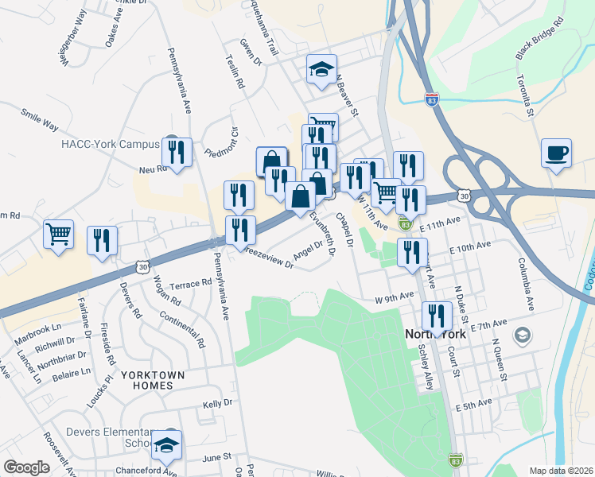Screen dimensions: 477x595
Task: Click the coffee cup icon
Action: click(x=556, y=153)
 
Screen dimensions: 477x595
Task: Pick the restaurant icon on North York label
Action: click(x=436, y=316)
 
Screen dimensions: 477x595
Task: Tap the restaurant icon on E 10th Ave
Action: click(x=411, y=253)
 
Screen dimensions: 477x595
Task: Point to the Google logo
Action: click(x=26, y=467)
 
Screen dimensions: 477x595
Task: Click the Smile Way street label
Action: click(x=40, y=120)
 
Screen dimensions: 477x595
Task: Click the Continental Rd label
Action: click(x=182, y=332)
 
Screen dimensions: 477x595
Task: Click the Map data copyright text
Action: click(x=560, y=470)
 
